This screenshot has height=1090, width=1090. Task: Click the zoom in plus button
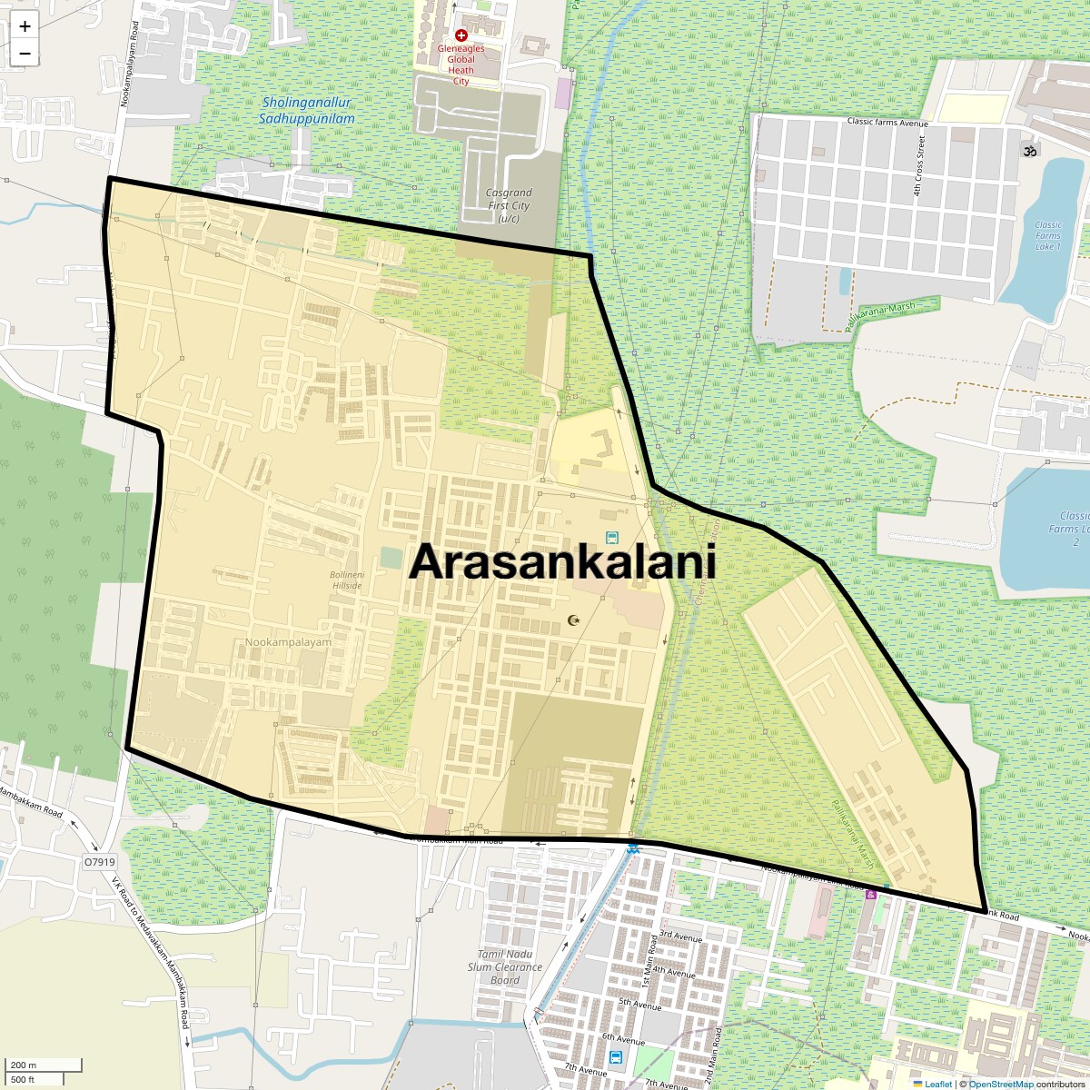coord(25,26)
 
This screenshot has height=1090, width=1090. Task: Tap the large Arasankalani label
coord(562,562)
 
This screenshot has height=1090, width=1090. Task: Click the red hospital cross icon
coord(461,35)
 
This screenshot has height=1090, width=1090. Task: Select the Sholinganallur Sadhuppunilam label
coord(306,111)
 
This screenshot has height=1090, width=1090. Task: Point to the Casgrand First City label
coord(508,205)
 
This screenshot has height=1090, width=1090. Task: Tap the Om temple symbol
coord(1030,151)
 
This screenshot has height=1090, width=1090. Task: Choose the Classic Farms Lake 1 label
coord(1047,236)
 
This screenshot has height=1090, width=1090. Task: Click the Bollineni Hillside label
coord(345,580)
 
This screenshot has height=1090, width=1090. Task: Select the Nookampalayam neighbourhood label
coord(288,642)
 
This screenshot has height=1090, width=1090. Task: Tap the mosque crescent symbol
coord(573,620)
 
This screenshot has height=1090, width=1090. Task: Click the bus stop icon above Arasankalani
coord(611,539)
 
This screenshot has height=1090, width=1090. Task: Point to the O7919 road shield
coord(99,861)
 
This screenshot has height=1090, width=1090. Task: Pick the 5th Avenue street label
coord(640,1004)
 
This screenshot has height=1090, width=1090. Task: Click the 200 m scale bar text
coord(24,1065)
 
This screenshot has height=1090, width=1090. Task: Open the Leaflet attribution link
coord(938,1084)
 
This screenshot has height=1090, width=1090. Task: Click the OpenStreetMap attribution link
coord(1000,1084)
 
